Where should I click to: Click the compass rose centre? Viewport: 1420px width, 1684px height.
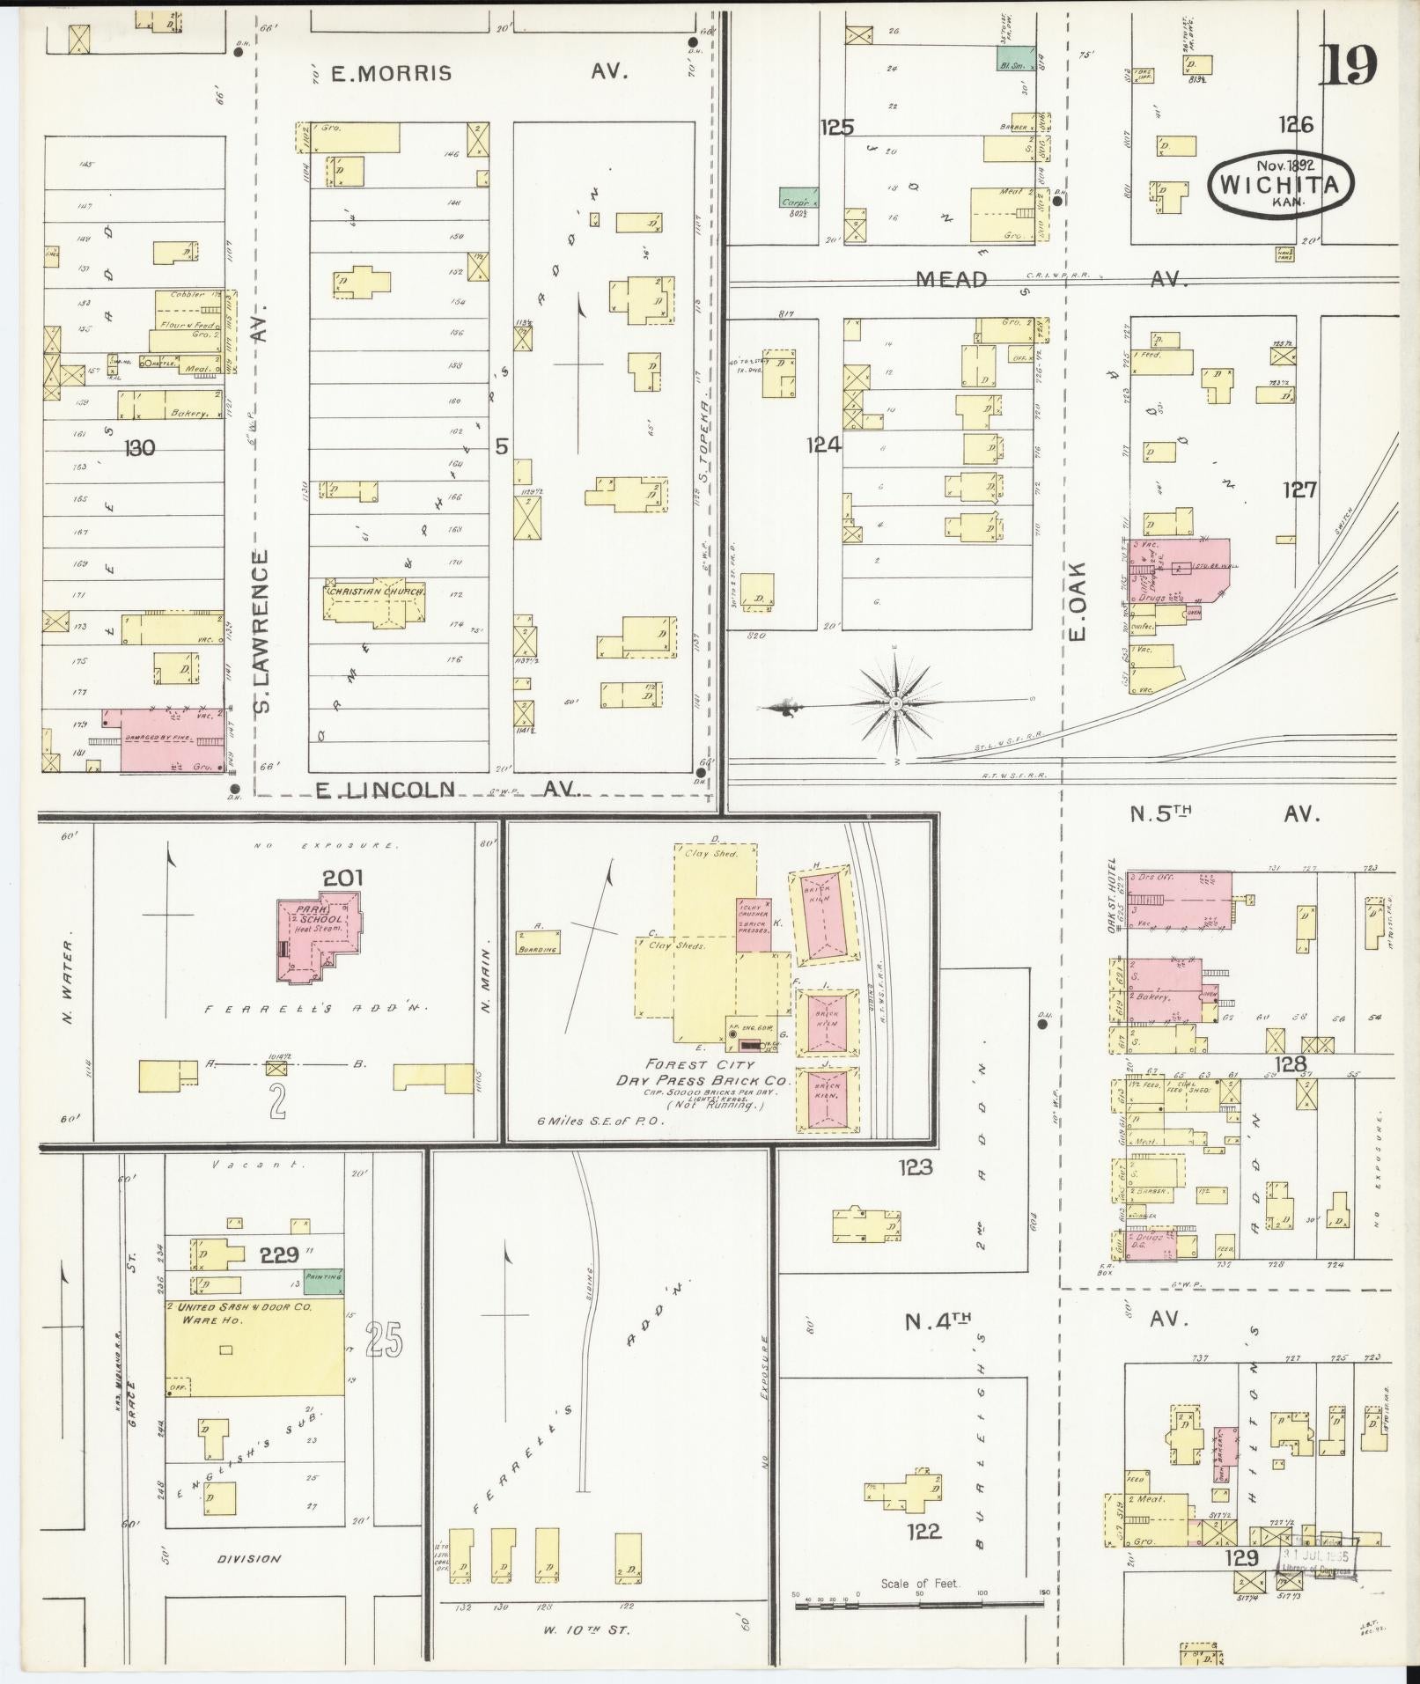pyautogui.click(x=895, y=703)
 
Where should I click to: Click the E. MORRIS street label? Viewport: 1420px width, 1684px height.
pyautogui.click(x=391, y=73)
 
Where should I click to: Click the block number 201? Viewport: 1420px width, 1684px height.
pyautogui.click(x=342, y=878)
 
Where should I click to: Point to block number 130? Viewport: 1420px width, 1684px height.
pyautogui.click(x=140, y=448)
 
